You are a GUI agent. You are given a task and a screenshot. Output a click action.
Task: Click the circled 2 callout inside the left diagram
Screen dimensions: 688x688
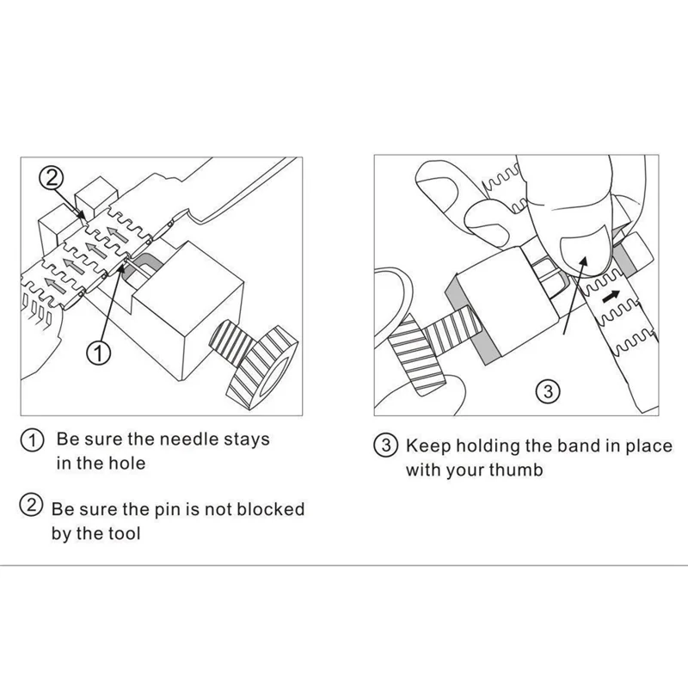(52, 178)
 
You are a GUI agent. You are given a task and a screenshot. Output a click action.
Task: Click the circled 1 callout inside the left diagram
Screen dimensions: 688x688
(98, 353)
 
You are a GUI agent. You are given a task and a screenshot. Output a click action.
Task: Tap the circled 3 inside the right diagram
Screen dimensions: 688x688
(548, 391)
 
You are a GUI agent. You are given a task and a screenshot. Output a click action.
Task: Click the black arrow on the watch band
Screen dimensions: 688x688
(611, 297)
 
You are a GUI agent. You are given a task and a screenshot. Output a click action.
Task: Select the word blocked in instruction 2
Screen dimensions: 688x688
(270, 509)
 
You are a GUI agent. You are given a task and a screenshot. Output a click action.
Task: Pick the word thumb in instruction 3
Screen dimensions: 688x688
(516, 470)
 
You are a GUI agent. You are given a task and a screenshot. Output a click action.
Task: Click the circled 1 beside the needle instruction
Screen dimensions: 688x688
(32, 440)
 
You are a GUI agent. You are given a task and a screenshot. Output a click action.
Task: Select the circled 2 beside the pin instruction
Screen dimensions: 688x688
(31, 505)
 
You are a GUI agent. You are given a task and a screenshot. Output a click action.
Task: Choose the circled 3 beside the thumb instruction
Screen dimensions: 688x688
(385, 445)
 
